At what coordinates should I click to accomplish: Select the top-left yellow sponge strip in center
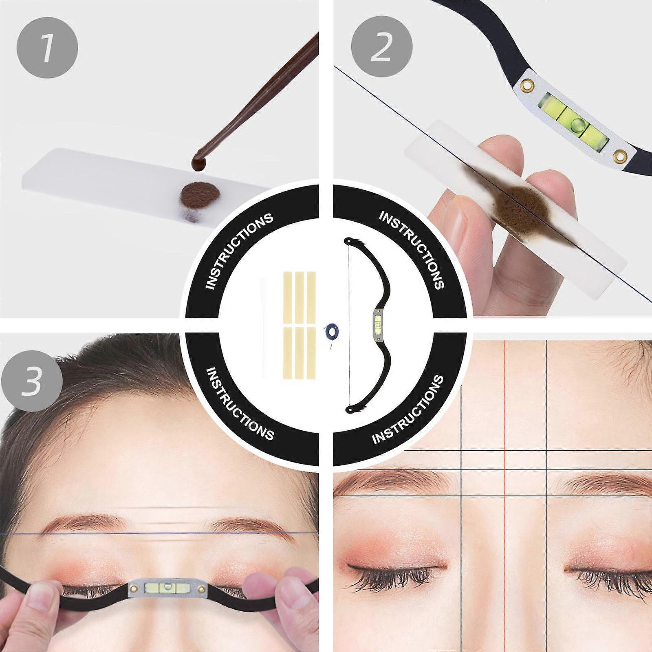point(288,295)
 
